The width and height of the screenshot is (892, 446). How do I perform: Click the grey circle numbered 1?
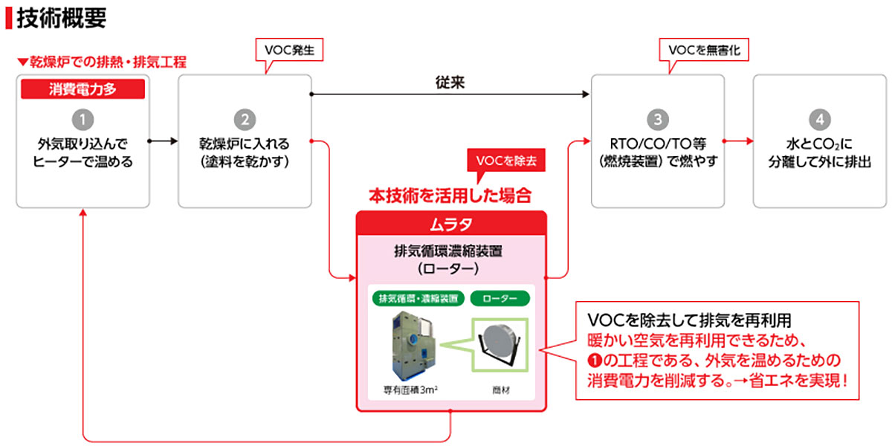pos(83,120)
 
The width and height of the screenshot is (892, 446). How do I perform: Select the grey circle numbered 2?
pos(244,120)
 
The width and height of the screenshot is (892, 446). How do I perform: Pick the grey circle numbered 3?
pos(657,120)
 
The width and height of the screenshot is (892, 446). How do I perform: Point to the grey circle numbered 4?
pos(818,120)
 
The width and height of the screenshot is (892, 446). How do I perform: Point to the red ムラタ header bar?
pos(451,222)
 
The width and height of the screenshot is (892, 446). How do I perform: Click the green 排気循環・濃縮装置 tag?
pos(418,299)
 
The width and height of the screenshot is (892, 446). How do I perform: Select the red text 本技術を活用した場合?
pos(450,196)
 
